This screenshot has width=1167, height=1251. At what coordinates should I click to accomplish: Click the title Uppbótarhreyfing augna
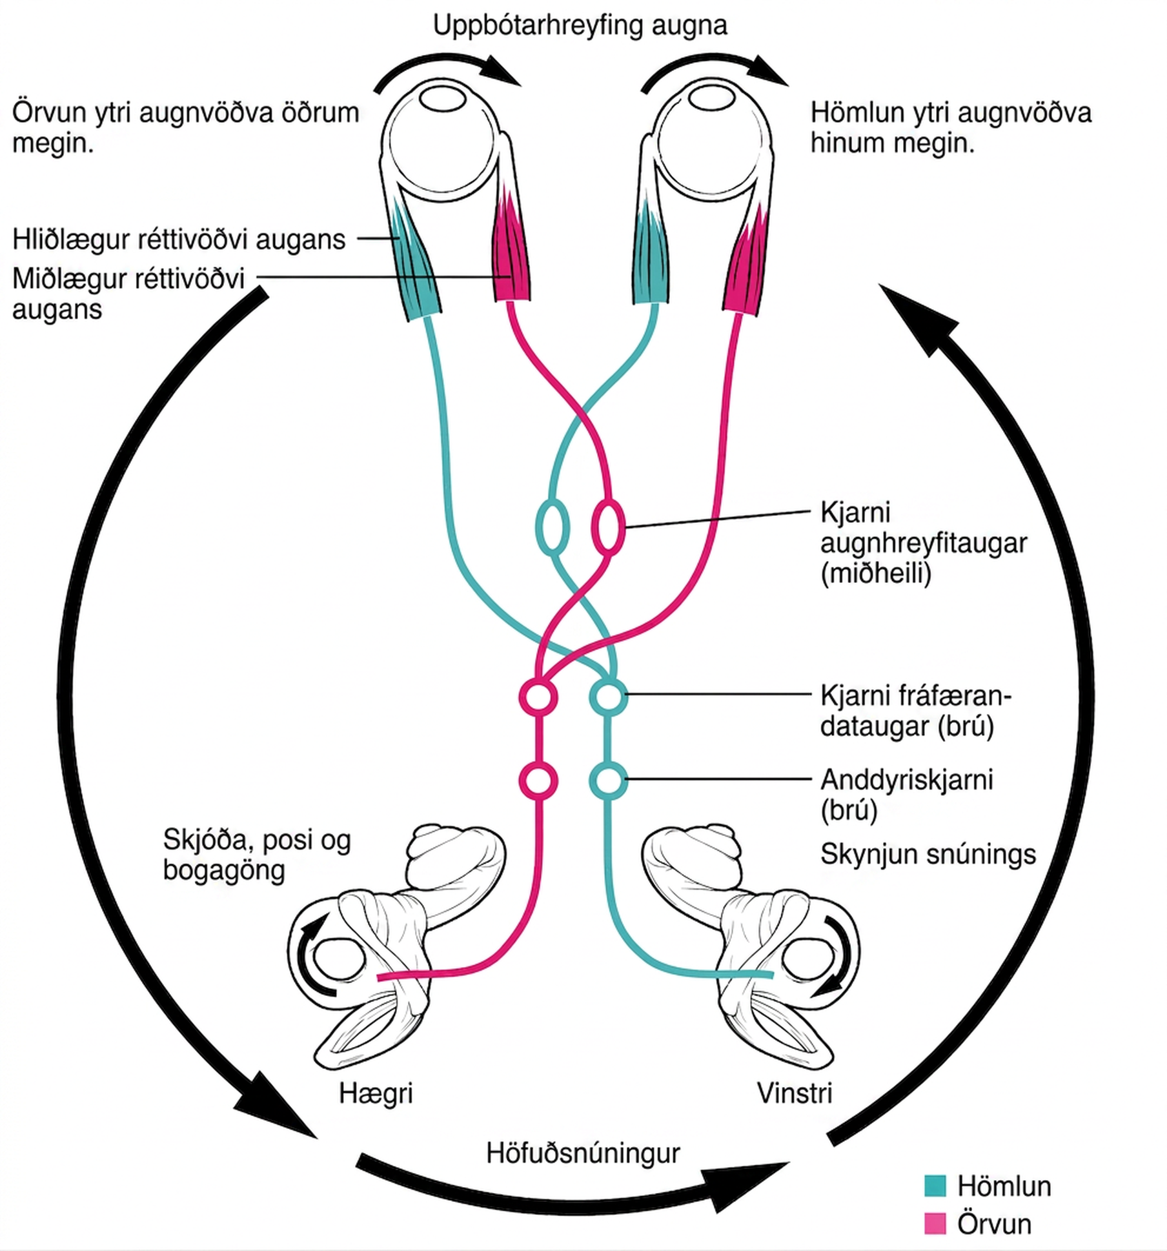click(580, 26)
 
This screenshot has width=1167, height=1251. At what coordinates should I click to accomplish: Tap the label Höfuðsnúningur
click(583, 1153)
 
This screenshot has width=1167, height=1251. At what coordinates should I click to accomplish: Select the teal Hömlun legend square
click(935, 1186)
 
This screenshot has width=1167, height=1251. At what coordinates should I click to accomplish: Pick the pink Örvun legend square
click(935, 1223)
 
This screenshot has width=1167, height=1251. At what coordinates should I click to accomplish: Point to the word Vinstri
click(795, 1093)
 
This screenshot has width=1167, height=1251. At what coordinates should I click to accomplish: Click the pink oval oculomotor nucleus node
click(608, 527)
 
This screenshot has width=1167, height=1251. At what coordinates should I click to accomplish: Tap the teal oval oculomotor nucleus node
click(552, 527)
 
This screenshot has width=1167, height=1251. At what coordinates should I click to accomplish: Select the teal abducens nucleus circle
click(608, 697)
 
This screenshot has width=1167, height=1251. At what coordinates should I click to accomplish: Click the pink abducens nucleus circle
click(539, 697)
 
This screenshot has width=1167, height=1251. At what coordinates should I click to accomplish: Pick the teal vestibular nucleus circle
click(608, 780)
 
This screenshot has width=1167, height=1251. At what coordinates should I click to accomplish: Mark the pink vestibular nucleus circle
click(539, 780)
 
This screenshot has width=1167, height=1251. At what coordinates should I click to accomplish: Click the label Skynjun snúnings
click(928, 855)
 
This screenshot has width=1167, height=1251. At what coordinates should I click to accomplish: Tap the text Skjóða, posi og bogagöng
click(257, 855)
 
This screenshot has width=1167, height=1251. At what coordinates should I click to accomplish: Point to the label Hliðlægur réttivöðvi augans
click(179, 239)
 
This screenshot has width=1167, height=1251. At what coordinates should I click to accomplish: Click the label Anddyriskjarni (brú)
click(907, 795)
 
